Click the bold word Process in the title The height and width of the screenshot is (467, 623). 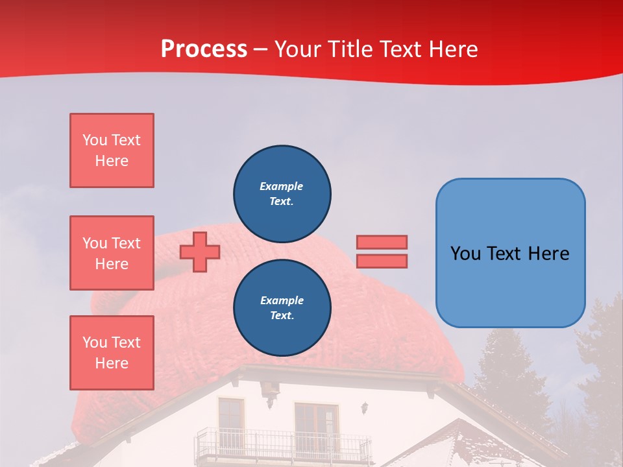(x=204, y=49)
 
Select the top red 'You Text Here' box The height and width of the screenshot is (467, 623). (x=112, y=150)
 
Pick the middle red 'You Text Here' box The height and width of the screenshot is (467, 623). (x=112, y=253)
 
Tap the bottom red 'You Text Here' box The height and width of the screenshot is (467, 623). (x=112, y=352)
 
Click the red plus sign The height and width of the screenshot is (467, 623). (x=200, y=252)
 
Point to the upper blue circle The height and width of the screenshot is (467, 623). (x=282, y=193)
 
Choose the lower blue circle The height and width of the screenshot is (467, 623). (x=282, y=307)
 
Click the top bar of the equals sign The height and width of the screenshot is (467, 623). (x=382, y=242)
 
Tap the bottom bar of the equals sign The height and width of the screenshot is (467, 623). (x=382, y=261)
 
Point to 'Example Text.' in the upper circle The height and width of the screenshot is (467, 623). (x=282, y=193)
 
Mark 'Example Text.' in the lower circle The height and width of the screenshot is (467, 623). (x=282, y=307)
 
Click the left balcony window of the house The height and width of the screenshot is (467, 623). (x=230, y=419)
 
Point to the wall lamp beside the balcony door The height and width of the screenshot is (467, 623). (x=365, y=407)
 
